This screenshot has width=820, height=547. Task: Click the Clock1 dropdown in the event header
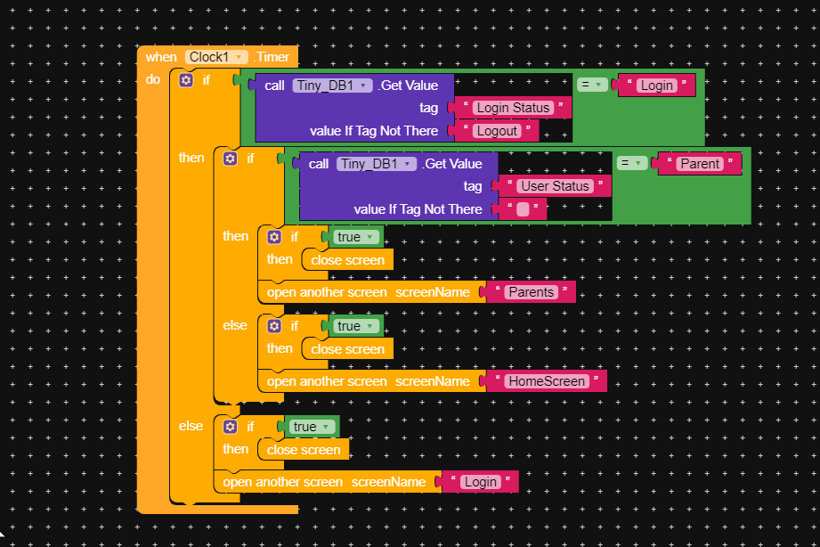216,57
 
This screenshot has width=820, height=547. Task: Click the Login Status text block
512,108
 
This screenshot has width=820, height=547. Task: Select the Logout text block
496,131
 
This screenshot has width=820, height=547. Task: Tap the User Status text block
555,186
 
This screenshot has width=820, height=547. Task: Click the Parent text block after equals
699,164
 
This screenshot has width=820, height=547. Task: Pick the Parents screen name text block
531,292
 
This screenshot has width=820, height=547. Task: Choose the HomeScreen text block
546,381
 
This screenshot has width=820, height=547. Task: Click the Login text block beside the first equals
656,86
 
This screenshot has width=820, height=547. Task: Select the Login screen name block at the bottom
480,482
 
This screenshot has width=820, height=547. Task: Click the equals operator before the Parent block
631,163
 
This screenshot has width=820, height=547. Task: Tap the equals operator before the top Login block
591,85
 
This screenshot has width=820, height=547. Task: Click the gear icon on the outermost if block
185,80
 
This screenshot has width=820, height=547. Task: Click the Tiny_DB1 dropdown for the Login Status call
332,86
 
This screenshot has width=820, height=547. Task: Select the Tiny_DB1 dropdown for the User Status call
377,164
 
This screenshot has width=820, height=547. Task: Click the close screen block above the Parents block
347,260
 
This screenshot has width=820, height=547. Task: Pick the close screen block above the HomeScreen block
347,349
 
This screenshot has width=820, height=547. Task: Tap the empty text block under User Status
523,209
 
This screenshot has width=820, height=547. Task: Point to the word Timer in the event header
272,57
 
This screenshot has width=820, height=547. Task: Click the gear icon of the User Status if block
230,158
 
